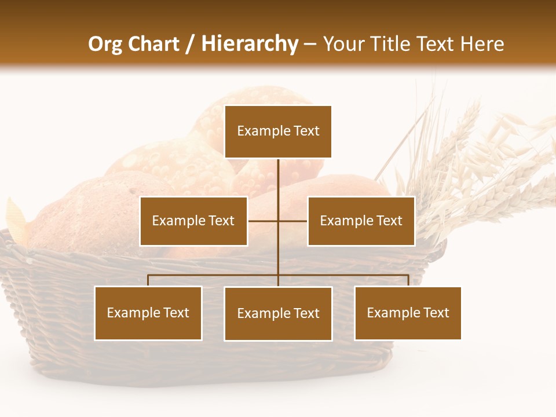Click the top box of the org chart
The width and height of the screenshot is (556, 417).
click(278, 131)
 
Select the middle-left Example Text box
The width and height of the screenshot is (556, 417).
click(193, 221)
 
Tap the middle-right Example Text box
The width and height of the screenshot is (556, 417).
click(361, 221)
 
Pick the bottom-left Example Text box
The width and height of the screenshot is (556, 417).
click(148, 313)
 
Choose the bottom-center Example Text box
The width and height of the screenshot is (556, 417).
click(278, 313)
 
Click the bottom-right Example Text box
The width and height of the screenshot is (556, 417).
click(408, 313)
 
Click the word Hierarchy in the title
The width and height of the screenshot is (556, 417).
click(250, 44)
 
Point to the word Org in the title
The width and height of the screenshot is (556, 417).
click(105, 44)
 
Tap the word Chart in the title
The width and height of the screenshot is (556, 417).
click(153, 44)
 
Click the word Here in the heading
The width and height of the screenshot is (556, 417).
click(482, 44)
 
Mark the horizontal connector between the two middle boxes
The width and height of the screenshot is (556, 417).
click(264, 221)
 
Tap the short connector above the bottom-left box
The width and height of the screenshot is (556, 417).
click(148, 280)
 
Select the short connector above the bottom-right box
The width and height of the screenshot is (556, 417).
click(408, 280)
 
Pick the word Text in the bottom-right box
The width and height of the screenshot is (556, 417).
click(436, 313)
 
